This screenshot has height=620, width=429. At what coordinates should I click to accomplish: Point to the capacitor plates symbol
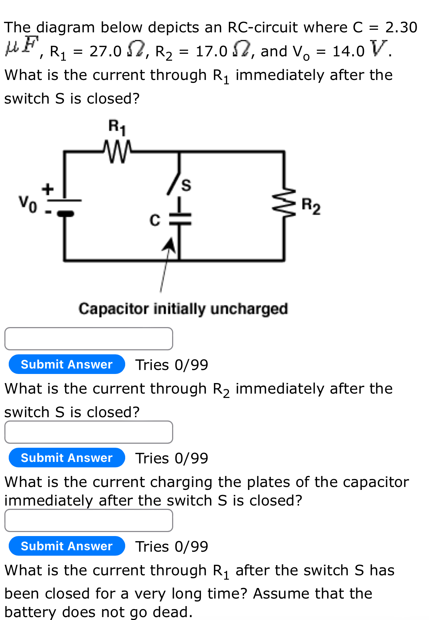179,219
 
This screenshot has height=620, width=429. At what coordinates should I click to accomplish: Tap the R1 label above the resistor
117,127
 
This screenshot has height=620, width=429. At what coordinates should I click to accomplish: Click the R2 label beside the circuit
311,206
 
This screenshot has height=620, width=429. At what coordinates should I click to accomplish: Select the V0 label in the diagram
28,204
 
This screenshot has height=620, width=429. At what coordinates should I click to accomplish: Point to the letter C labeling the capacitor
155,220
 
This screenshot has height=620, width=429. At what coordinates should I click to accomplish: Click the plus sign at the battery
47,189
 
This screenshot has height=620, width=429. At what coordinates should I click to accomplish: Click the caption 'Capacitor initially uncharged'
183,309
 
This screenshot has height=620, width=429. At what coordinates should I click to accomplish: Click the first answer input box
88,339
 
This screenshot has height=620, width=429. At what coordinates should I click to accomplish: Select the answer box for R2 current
88,432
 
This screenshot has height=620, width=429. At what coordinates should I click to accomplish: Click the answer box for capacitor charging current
88,520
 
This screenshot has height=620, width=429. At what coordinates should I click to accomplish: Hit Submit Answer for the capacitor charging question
67,546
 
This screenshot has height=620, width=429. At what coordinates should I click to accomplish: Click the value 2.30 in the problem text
401,28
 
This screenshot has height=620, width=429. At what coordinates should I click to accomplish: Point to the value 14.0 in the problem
348,52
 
